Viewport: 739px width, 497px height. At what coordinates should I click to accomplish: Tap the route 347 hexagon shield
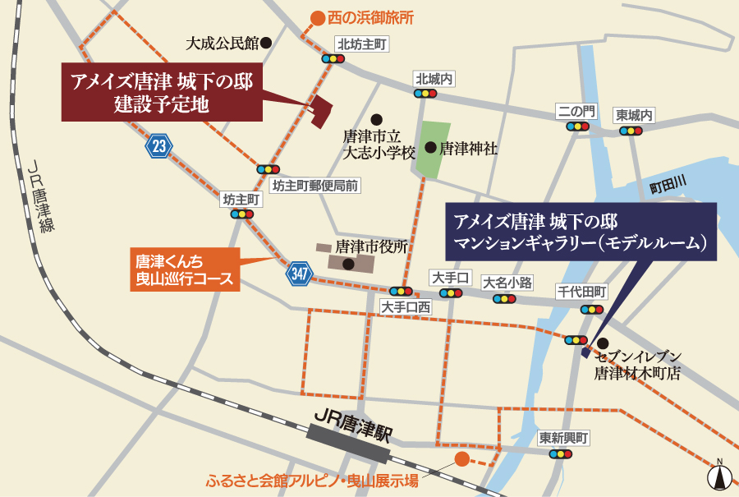coord(300,274)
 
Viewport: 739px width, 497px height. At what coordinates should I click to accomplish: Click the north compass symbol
coord(720,475)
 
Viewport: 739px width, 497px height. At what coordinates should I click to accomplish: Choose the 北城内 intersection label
coord(434,79)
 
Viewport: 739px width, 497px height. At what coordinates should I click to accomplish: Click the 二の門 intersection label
coord(576,112)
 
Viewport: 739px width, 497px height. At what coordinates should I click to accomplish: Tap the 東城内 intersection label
coord(635,115)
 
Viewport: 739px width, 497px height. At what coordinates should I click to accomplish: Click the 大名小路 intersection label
coord(507,283)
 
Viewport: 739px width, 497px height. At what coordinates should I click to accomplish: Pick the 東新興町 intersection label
coord(564,439)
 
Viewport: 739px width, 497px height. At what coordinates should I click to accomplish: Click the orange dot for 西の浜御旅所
coord(317,16)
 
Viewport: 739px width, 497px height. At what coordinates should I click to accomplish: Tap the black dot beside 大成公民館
coord(265,41)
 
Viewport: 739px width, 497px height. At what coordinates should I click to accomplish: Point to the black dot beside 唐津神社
coord(430,148)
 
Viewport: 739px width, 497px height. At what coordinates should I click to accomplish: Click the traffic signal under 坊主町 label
coord(241,214)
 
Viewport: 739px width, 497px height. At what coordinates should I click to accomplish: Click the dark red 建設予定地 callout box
coord(162,92)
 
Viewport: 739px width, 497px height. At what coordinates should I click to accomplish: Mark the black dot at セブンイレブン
coord(603,343)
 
